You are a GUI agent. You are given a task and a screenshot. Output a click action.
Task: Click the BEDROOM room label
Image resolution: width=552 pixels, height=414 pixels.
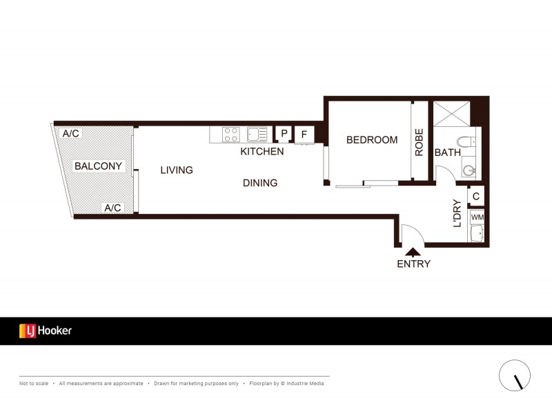(x=372, y=140)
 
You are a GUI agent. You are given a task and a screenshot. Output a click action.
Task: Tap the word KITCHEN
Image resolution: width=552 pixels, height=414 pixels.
(x=262, y=151)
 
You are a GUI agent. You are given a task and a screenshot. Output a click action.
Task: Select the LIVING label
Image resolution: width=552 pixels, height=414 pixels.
(x=177, y=170)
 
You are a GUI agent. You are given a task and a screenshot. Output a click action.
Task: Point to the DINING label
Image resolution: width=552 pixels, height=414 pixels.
(x=260, y=183)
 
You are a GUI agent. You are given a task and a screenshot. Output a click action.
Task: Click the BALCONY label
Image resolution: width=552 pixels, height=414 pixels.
(x=98, y=166)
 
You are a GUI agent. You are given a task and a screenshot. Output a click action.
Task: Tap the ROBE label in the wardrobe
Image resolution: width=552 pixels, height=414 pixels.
(x=419, y=142)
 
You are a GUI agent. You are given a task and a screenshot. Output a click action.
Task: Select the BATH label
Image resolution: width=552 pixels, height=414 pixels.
(x=447, y=152)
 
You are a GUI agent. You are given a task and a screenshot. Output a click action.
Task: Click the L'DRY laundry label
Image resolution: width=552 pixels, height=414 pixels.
(x=457, y=213)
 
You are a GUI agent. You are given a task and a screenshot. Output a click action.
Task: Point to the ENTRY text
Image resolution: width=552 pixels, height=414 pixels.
(x=413, y=264)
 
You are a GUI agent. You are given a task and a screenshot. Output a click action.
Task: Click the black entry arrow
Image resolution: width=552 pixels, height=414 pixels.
(x=413, y=252)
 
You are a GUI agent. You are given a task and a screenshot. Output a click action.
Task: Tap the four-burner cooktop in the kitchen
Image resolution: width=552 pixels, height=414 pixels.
(x=231, y=135)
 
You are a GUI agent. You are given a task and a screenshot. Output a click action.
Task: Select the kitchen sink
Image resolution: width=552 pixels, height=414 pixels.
(x=257, y=135)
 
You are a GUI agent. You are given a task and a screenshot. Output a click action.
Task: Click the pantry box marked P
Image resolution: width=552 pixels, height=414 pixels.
(x=284, y=133)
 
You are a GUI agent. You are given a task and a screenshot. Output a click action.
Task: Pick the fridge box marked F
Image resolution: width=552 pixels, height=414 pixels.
(x=304, y=135)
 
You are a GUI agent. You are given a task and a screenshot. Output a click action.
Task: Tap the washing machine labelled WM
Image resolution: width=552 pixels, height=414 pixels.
(x=477, y=217)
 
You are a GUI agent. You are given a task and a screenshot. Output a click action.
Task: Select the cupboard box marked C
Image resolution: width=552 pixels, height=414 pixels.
(x=476, y=196)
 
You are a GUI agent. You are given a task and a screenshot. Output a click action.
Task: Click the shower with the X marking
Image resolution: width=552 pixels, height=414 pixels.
(x=452, y=114)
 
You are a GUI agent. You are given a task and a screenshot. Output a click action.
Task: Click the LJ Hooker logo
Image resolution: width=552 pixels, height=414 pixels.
(x=46, y=331)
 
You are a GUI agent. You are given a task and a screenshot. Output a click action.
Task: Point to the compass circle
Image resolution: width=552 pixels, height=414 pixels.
(x=515, y=375)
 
